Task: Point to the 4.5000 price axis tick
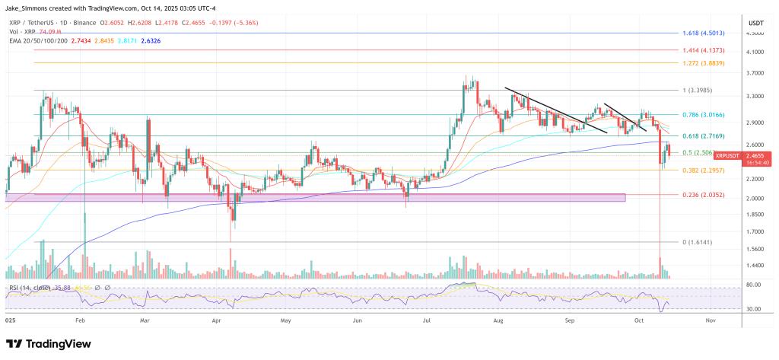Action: coord(755,33)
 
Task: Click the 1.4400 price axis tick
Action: coord(755,265)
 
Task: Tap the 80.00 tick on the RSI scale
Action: coord(753,285)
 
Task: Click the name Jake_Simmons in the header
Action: coord(32,8)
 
